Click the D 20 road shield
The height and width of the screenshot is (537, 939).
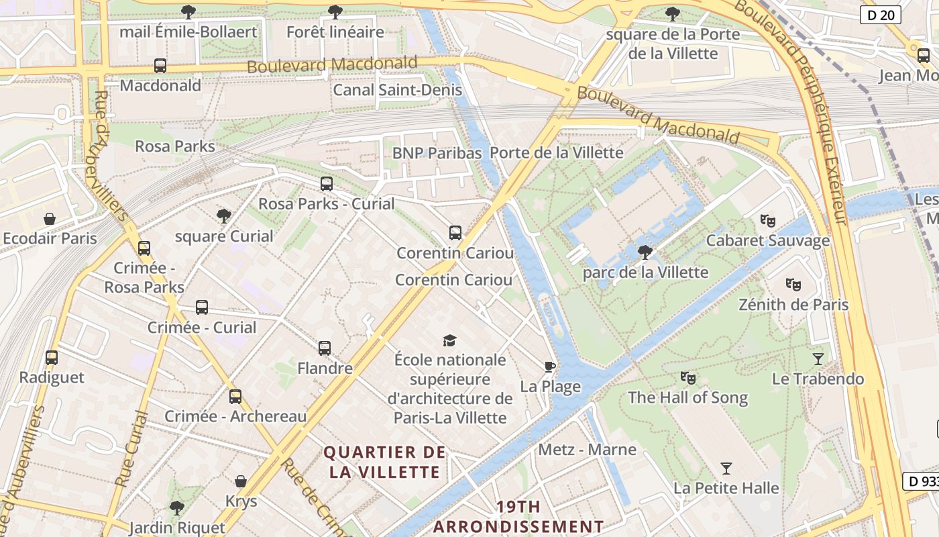coord(880,15)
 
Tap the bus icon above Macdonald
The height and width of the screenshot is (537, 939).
coord(160,66)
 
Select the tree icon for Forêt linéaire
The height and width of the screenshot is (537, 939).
coord(335,12)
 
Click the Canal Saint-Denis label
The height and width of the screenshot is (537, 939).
coord(397,89)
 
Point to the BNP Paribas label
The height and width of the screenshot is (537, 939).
coord(437,153)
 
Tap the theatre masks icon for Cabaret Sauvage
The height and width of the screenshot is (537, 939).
coord(767,220)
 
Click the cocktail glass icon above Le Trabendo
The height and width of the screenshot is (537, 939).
coord(818,358)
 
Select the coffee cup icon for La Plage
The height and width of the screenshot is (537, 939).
coord(549,367)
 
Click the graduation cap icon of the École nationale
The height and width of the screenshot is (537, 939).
coord(449,340)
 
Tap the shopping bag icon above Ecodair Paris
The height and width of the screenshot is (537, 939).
coord(50,219)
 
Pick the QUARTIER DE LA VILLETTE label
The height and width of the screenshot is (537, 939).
coord(385,462)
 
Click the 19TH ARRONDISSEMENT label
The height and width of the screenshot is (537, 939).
coord(518,516)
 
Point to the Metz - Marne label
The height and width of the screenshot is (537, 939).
coord(587,449)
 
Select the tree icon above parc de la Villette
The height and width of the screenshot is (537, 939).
coord(645,252)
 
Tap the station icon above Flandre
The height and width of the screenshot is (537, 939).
coord(325,348)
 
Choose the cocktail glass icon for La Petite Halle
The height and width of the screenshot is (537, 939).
coord(726,468)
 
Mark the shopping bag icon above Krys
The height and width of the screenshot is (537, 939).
coord(241,481)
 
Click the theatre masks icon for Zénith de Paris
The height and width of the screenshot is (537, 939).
coord(793,285)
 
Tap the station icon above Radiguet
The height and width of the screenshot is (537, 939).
coord(52,358)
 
